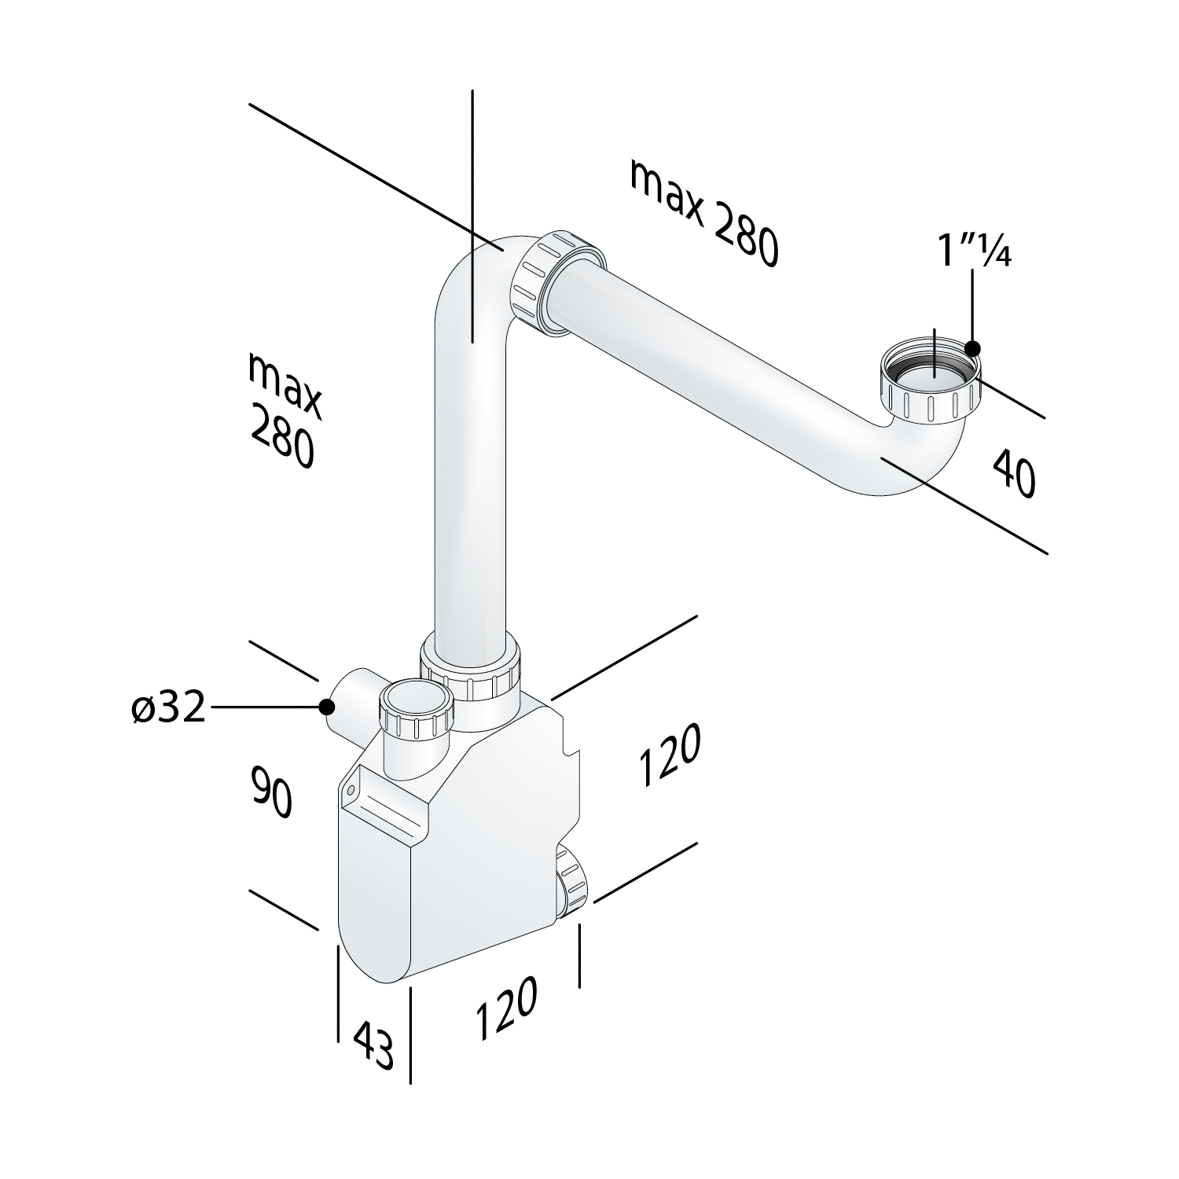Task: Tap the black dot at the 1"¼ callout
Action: [973, 347]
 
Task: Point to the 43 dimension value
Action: [373, 1045]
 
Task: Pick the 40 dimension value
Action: [1014, 473]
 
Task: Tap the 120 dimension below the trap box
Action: [506, 1008]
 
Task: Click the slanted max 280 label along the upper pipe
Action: [703, 212]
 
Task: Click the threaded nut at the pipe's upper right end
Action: [931, 381]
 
